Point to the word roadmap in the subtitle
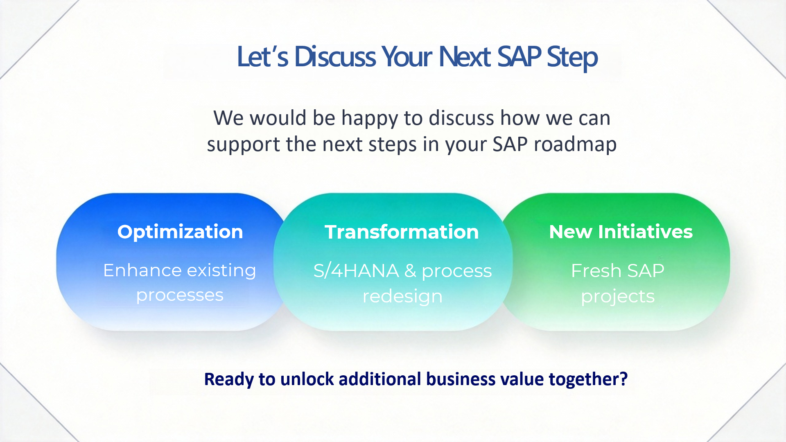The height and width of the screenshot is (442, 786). (575, 145)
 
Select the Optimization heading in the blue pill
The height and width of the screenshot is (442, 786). (180, 232)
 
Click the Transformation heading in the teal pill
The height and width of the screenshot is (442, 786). (402, 232)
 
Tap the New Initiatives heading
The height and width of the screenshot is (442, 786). (621, 232)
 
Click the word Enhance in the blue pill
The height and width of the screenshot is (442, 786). (142, 270)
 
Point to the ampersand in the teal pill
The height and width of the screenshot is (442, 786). (410, 271)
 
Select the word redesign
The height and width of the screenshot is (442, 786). (402, 297)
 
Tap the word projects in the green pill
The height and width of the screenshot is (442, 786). (618, 297)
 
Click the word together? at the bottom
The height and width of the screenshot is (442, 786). (588, 379)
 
